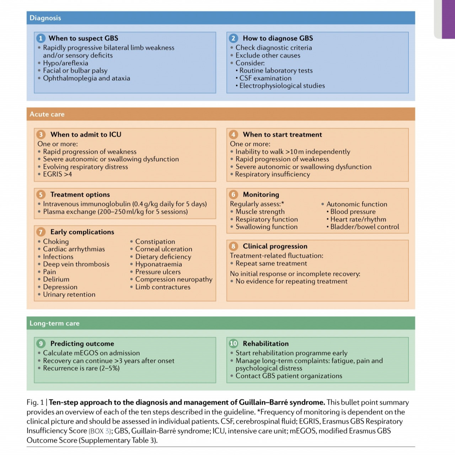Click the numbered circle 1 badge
click(x=41, y=38)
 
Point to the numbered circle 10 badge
click(x=233, y=343)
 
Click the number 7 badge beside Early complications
click(x=41, y=232)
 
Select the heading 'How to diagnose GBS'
click(x=278, y=38)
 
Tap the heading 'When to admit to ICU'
click(x=86, y=135)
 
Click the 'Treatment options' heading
click(x=80, y=195)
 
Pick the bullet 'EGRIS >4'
click(x=57, y=174)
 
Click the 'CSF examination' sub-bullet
click(x=265, y=78)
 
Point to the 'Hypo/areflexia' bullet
click(x=65, y=63)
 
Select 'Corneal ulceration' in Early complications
click(x=164, y=249)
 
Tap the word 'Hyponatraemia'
click(x=159, y=264)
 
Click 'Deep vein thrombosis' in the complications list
click(x=76, y=264)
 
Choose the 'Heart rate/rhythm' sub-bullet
click(x=358, y=219)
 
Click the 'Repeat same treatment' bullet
click(x=271, y=263)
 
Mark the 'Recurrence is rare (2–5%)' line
click(x=81, y=368)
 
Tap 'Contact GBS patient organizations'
click(x=289, y=376)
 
